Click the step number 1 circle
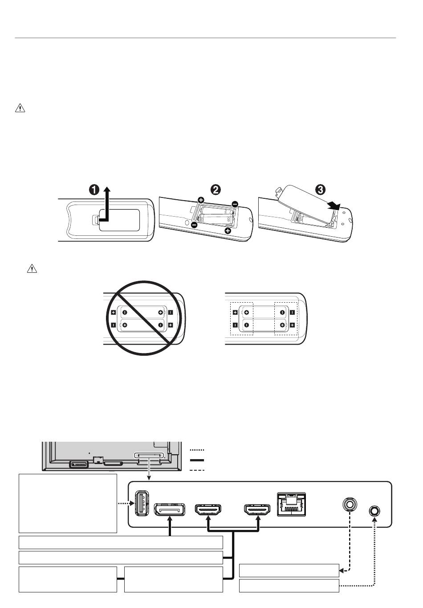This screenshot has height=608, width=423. click(94, 189)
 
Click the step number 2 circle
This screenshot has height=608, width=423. click(215, 189)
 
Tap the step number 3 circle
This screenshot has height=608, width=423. click(320, 189)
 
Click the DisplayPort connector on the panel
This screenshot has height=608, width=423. click(170, 509)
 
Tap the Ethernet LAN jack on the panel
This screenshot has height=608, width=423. click(291, 504)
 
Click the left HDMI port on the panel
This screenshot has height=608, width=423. click(208, 509)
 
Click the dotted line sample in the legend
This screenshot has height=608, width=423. click(197, 451)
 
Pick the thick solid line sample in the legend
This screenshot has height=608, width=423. click(197, 460)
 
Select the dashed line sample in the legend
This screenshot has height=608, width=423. click(197, 470)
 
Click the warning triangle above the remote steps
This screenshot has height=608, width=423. click(20, 108)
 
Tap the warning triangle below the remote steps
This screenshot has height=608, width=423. click(32, 268)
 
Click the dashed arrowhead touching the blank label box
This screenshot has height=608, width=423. click(342, 570)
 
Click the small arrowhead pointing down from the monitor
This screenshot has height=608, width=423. click(149, 478)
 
